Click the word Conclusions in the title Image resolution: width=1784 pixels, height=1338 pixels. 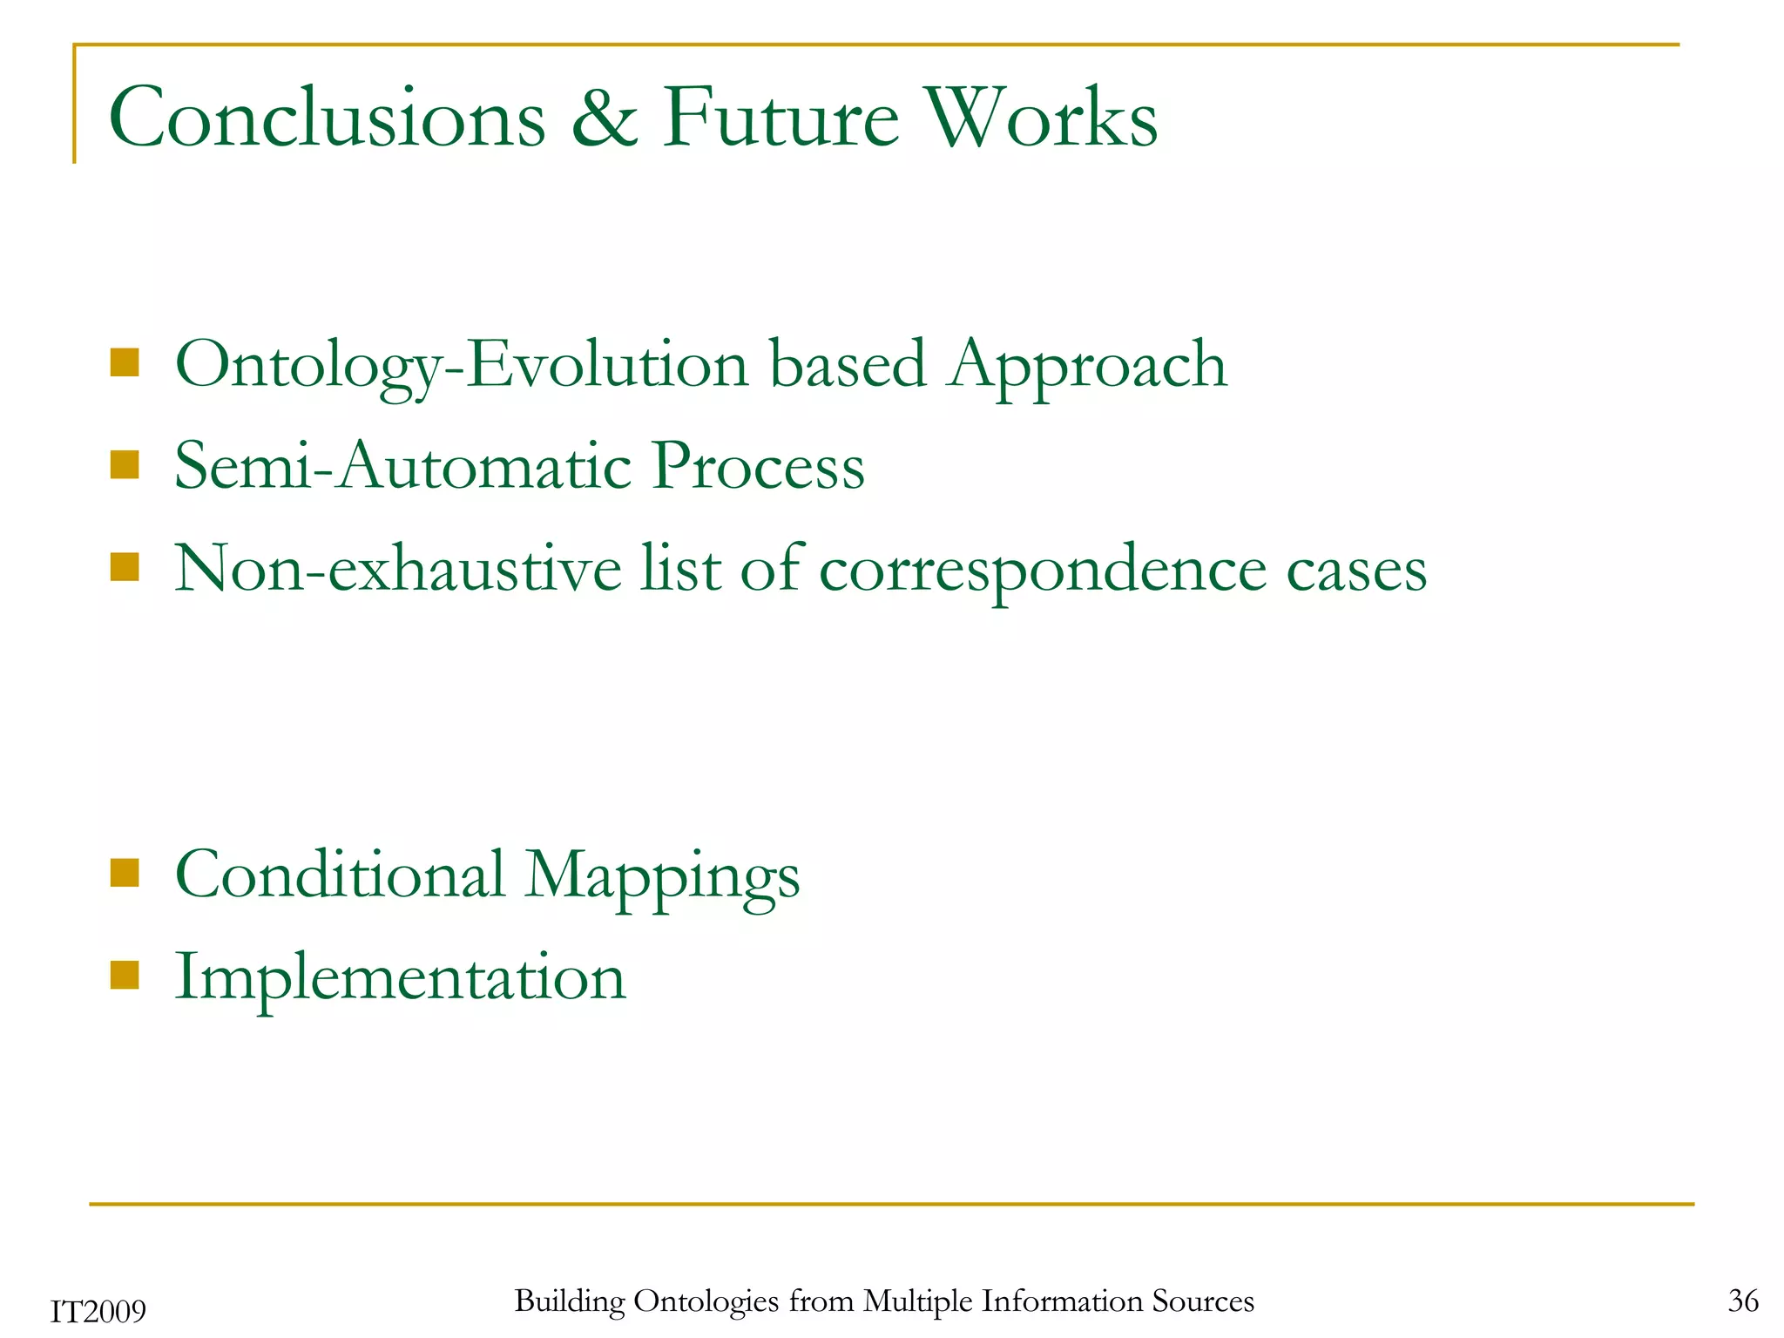pyautogui.click(x=328, y=118)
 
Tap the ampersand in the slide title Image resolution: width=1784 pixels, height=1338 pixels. pyautogui.click(x=605, y=118)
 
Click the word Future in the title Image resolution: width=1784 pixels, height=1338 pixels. pyautogui.click(x=780, y=118)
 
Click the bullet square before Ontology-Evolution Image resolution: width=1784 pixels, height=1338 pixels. pyautogui.click(x=125, y=362)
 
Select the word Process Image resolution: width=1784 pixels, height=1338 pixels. pyautogui.click(x=758, y=466)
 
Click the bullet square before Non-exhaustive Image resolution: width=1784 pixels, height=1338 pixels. pyautogui.click(x=125, y=567)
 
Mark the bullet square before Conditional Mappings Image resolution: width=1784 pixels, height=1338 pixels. pyautogui.click(x=125, y=872)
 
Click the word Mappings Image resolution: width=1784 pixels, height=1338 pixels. pyautogui.click(x=662, y=876)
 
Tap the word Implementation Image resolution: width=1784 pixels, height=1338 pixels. pyautogui.click(x=401, y=976)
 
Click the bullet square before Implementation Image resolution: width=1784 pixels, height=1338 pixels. pyautogui.click(x=125, y=976)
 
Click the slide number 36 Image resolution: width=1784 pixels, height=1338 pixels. pyautogui.click(x=1743, y=1301)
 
